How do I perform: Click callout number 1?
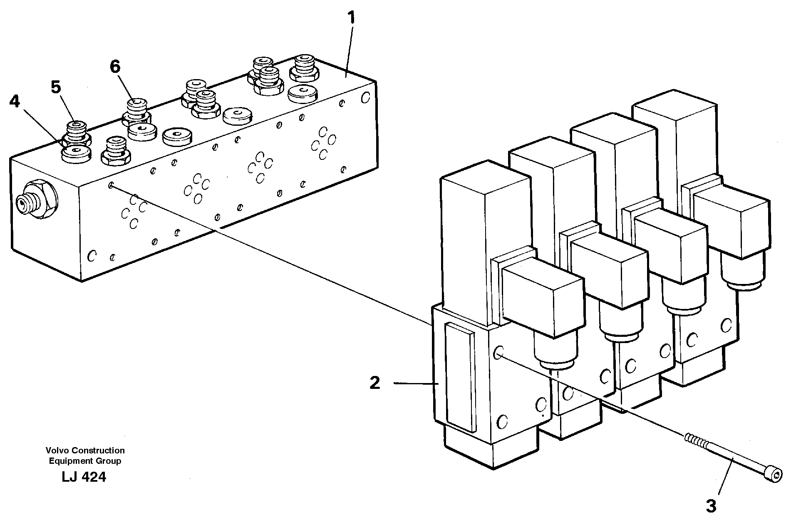coord(352,18)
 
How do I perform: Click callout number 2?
coord(375,383)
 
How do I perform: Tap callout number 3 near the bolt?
coord(711,506)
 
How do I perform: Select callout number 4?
coord(15,102)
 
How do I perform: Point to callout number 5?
coord(56,87)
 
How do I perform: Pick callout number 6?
coord(115,67)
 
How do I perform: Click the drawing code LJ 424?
coord(84,477)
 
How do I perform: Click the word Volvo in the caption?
coord(57,450)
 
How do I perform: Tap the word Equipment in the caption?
coord(68,461)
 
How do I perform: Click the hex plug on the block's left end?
coord(37,202)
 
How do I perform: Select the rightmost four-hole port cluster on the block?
coord(322,144)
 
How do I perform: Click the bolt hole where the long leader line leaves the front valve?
coord(498,353)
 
